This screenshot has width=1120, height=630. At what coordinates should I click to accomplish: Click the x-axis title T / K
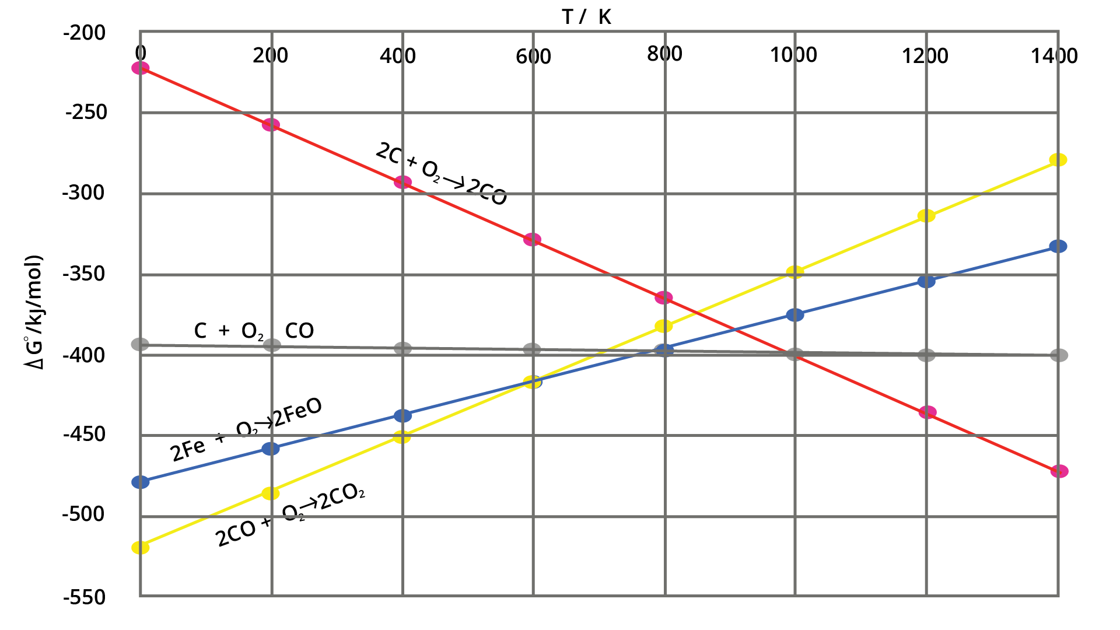[587, 17]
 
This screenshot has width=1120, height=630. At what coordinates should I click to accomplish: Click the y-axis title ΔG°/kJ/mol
[34, 312]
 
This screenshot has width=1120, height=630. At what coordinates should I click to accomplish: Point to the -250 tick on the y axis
[86, 112]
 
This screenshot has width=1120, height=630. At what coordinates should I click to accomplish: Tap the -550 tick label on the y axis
[85, 597]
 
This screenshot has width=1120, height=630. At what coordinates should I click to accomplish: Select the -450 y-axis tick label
[85, 435]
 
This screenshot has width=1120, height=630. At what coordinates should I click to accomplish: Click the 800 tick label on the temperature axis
[664, 54]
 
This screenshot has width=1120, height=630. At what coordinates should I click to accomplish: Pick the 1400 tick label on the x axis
[1053, 56]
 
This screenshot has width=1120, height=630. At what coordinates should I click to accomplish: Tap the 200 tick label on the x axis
[270, 56]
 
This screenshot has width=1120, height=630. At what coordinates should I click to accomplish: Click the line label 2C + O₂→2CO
[441, 174]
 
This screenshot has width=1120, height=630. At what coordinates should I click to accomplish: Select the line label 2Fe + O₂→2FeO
[246, 430]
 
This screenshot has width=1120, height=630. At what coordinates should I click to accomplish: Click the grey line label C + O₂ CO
[254, 331]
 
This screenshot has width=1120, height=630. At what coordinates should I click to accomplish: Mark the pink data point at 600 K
[532, 239]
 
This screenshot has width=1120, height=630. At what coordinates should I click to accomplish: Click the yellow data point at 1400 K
[1058, 160]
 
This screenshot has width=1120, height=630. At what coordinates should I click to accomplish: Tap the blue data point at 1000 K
[795, 315]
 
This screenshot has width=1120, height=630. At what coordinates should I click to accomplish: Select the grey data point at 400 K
[402, 349]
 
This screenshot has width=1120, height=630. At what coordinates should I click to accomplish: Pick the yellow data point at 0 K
[141, 547]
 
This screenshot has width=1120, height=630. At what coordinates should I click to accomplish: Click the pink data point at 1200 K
[927, 412]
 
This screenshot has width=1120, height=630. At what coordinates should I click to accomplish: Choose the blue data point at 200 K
[271, 449]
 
